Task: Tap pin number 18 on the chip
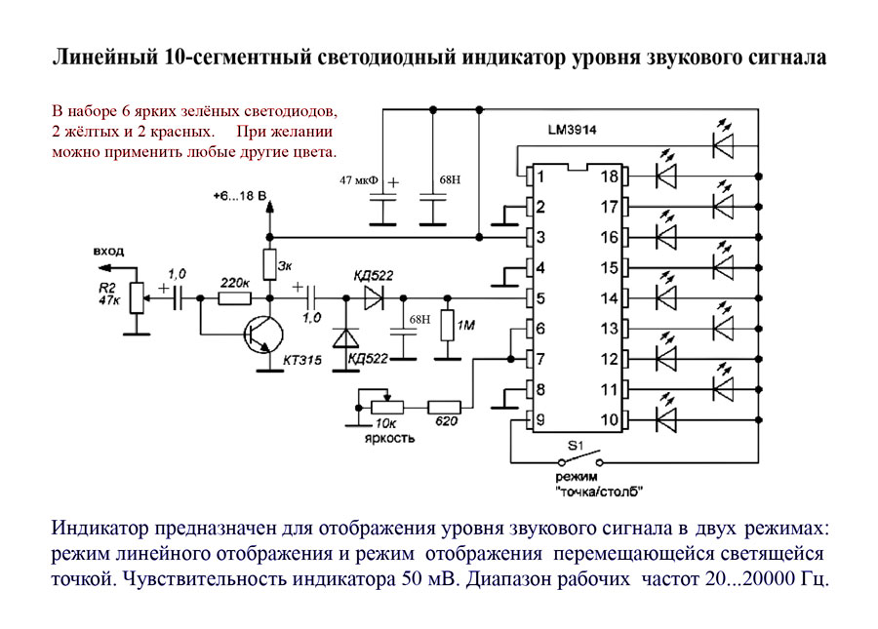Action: click(x=609, y=177)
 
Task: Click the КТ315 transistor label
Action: click(x=303, y=361)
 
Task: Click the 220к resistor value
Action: click(x=234, y=282)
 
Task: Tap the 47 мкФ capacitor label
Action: click(x=359, y=181)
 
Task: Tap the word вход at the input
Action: click(x=109, y=251)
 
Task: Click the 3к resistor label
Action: click(x=285, y=264)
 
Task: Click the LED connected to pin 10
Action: click(x=667, y=420)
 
